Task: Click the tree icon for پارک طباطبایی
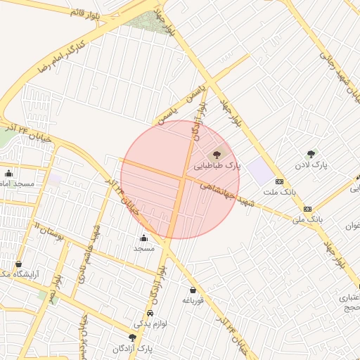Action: click(217, 154)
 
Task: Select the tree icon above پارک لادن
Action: click(311, 154)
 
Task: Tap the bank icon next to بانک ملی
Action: click(307, 209)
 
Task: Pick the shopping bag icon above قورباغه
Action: click(193, 290)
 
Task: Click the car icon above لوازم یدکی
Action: click(150, 314)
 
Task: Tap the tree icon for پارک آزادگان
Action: click(132, 337)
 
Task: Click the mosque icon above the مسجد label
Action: click(144, 238)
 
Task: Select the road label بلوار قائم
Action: click(86, 13)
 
